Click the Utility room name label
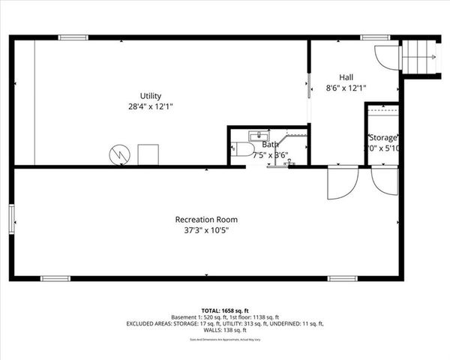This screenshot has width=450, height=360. click(151, 95)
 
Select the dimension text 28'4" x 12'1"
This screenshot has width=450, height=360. click(151, 106)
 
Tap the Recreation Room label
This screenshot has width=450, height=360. click(206, 220)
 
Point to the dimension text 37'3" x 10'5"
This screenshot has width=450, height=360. click(206, 231)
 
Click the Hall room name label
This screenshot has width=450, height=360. click(346, 76)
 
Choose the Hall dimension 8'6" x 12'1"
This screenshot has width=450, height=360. click(346, 88)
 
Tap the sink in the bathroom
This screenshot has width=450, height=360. click(256, 135)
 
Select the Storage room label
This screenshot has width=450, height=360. click(382, 138)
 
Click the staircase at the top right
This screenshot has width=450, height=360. click(420, 55)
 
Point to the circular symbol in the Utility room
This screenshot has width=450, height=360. click(118, 153)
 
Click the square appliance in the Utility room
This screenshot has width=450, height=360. click(147, 154)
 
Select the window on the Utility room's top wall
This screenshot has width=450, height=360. click(73, 37)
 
